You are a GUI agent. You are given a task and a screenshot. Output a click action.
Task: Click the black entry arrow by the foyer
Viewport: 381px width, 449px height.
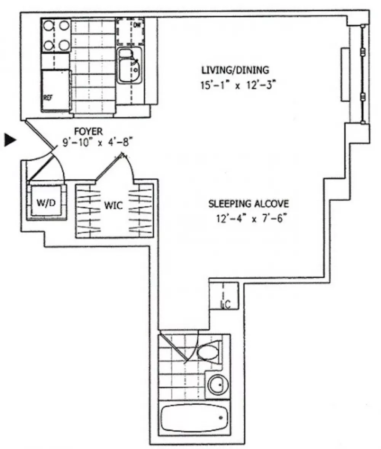[10, 140]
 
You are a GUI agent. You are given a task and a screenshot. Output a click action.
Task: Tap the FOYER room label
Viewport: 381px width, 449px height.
[88, 132]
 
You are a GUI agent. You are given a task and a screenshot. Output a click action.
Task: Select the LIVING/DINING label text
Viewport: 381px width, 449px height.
[235, 70]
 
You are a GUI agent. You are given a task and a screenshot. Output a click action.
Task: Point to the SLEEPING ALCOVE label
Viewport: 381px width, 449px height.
[248, 204]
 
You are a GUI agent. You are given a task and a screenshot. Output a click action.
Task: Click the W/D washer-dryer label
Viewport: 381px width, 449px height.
[46, 203]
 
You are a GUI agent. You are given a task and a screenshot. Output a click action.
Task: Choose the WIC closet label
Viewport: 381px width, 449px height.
[114, 205]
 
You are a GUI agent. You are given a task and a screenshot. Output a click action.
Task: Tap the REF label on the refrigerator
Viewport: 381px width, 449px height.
[48, 98]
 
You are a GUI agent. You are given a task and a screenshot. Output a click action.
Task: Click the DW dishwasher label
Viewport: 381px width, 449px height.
[138, 25]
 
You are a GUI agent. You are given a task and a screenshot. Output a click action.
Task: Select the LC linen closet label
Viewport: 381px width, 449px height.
[226, 305]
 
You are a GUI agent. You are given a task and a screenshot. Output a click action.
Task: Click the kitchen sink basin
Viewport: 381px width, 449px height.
[129, 70]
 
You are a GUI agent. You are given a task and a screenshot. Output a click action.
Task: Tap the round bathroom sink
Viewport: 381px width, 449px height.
[218, 385]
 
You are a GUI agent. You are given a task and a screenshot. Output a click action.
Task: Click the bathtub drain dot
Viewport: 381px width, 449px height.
[221, 417]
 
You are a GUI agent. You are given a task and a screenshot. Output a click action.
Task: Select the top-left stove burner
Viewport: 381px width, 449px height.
[48, 26]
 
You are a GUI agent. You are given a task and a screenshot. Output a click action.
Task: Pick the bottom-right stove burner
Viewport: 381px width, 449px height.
[64, 45]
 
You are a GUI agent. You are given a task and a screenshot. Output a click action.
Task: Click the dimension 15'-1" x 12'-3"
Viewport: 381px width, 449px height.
[238, 85]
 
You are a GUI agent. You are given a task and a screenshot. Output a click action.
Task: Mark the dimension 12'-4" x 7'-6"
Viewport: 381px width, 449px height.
[251, 219]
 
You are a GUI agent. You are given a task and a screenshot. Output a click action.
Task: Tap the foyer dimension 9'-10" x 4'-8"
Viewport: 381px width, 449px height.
[98, 142]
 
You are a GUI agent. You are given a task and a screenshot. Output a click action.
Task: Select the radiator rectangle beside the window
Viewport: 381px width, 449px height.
[345, 74]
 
